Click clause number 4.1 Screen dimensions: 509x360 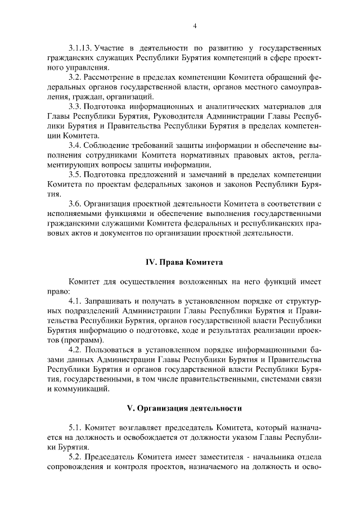click(x=75, y=303)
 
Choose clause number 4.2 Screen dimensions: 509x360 click(x=75, y=352)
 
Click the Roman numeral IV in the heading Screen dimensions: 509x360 click(x=151, y=263)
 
